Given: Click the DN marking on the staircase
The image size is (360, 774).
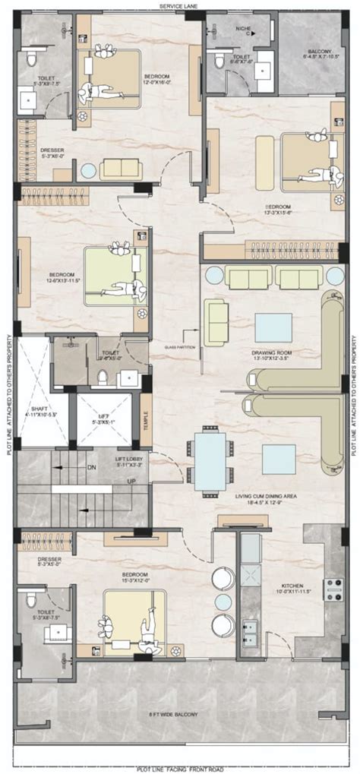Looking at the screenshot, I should pos(91,468).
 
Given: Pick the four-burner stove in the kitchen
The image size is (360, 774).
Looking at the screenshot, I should pos(332,588).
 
